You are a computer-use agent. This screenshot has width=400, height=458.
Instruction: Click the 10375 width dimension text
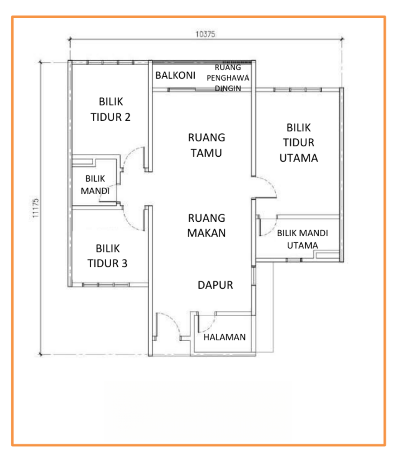click(205, 34)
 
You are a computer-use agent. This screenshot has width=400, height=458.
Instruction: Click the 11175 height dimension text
click(36, 208)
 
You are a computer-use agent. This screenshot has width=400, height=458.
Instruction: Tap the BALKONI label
click(175, 75)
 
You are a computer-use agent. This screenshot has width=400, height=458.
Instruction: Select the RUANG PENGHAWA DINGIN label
click(228, 78)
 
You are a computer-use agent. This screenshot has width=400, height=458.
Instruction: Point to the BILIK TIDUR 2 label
click(111, 109)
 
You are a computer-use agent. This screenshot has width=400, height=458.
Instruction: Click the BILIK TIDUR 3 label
click(108, 256)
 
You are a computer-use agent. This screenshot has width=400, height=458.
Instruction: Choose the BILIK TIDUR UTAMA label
click(299, 143)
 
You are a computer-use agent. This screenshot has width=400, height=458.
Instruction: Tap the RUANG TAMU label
click(207, 145)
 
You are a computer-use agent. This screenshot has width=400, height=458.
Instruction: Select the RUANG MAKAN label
click(207, 225)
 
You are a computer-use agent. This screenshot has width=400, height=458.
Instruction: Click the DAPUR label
click(215, 285)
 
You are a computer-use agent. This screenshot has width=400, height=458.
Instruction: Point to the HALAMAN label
click(225, 337)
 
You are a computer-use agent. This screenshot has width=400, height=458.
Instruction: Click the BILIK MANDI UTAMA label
click(302, 239)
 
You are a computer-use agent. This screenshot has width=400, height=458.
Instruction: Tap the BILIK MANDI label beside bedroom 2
click(95, 185)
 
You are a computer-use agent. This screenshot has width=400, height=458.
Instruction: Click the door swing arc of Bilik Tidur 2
click(131, 156)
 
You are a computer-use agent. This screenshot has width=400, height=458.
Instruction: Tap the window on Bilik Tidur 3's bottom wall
click(105, 285)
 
